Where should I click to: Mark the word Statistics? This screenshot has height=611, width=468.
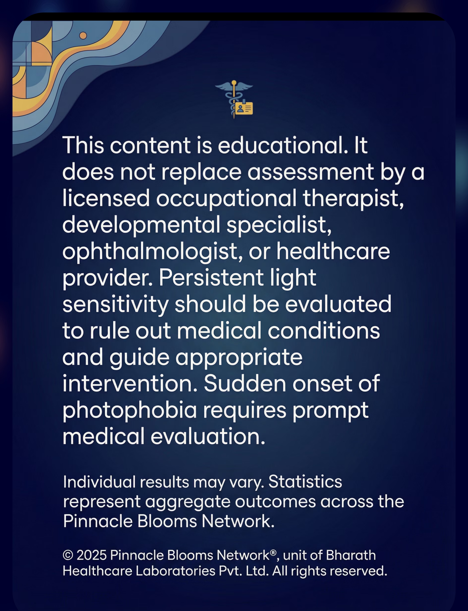click(x=305, y=482)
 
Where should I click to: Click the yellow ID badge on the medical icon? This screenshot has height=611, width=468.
click(x=244, y=109)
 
